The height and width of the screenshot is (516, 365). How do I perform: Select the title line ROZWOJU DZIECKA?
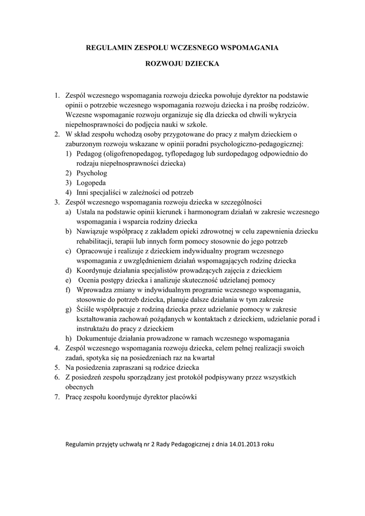click(x=182, y=64)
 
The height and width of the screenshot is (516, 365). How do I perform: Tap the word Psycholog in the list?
click(x=92, y=173)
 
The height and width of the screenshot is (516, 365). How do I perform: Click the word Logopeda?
click(x=91, y=183)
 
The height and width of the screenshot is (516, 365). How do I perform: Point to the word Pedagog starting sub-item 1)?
click(x=90, y=154)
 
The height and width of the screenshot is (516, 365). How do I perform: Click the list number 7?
click(x=57, y=397)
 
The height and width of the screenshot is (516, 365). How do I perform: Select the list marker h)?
click(x=68, y=338)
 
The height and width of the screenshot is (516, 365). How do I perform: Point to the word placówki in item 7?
click(x=183, y=397)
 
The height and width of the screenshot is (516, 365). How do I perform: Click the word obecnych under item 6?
click(x=80, y=387)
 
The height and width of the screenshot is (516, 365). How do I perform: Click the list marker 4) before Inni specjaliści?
click(x=69, y=192)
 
